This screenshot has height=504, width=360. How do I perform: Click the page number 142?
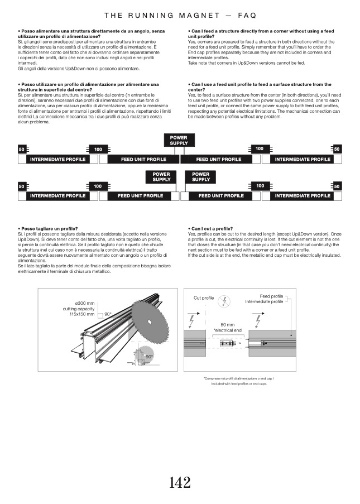(x=180, y=482)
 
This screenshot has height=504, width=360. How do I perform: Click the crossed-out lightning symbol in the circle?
(x=224, y=301)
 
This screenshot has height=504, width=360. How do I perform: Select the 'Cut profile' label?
(x=204, y=298)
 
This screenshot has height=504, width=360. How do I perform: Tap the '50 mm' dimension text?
(x=227, y=324)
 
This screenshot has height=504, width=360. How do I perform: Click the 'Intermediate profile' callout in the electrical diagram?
(x=263, y=302)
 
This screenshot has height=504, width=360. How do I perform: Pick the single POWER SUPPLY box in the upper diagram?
(x=179, y=140)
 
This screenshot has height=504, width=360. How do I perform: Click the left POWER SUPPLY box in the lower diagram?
(x=161, y=177)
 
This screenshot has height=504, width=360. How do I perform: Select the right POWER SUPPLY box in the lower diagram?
(x=201, y=177)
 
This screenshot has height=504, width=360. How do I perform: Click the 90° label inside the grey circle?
(x=149, y=356)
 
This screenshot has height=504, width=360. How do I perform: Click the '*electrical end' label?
(x=227, y=330)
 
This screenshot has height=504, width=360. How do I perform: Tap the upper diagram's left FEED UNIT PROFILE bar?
(x=135, y=160)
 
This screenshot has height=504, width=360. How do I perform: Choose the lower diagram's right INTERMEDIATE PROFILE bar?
(x=303, y=196)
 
